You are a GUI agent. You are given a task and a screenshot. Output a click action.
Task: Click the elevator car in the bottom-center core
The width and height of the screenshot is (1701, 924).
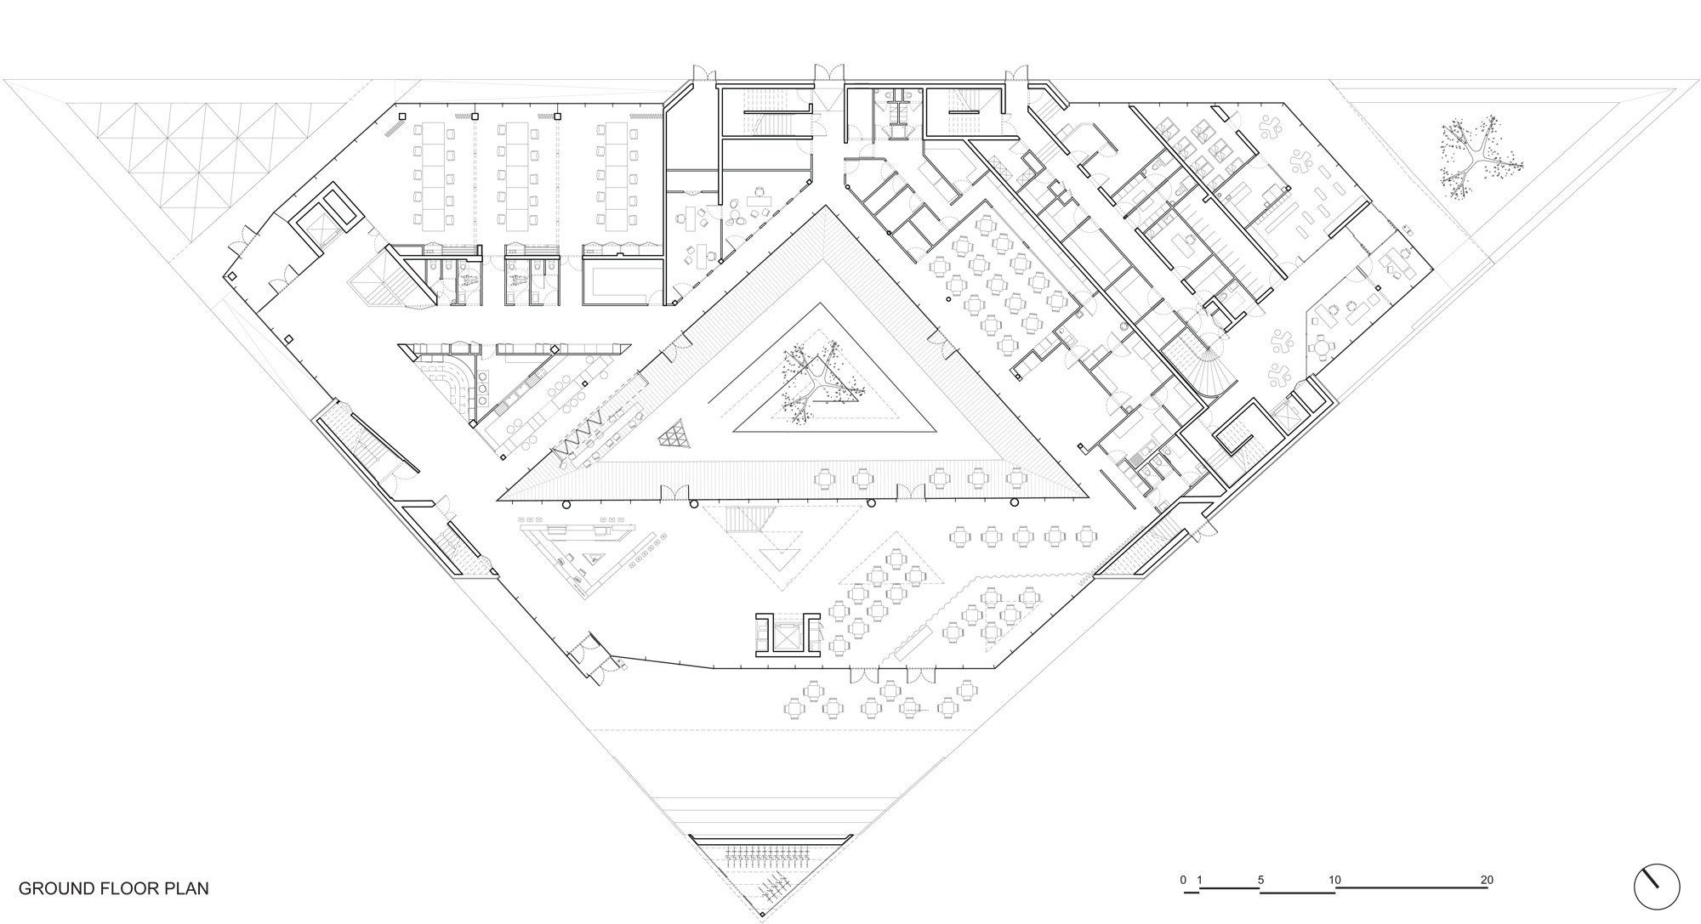[x=787, y=634]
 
